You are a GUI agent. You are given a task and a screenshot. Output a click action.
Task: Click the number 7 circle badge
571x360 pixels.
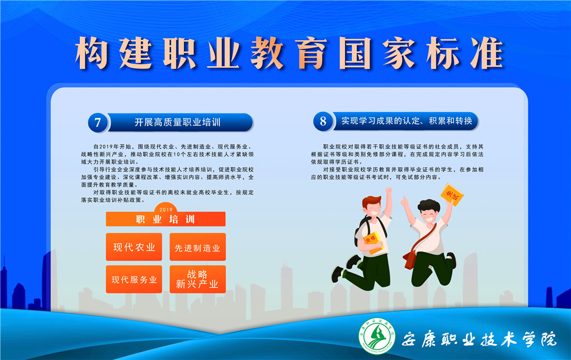pos(98,122)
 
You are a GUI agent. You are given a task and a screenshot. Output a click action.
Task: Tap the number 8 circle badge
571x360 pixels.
pos(323,121)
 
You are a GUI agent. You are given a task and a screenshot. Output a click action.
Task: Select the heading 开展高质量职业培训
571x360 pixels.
pos(178,122)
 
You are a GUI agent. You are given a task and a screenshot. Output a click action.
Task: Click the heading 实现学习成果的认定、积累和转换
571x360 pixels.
pos(407,121)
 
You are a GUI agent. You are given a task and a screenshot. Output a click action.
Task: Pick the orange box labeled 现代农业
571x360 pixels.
pos(134,247)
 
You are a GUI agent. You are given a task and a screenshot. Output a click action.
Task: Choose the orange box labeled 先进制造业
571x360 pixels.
pos(198,247)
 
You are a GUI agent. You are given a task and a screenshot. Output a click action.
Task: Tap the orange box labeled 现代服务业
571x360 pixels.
pos(134,279)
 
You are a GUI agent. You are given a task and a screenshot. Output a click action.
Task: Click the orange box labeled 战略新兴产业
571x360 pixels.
pos(198,279)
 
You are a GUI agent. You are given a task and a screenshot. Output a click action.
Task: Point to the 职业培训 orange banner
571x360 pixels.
pos(166,219)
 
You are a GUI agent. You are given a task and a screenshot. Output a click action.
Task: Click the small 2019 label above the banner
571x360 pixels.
pos(166,209)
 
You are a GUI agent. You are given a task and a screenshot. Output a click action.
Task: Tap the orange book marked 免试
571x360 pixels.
pos(452,195)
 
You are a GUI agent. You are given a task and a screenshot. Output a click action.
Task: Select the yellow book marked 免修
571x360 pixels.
pos(373,242)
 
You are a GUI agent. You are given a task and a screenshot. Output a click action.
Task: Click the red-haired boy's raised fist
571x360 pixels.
pos(388,191)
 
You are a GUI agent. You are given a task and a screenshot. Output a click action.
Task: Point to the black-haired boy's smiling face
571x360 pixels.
pos(429,215)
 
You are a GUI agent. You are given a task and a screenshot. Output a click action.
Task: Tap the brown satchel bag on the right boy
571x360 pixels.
pos(411,259)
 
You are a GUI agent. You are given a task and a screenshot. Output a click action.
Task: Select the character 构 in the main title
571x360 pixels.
pos(91,53)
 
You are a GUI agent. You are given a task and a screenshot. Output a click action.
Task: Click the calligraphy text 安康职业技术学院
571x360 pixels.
pos(479,339)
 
